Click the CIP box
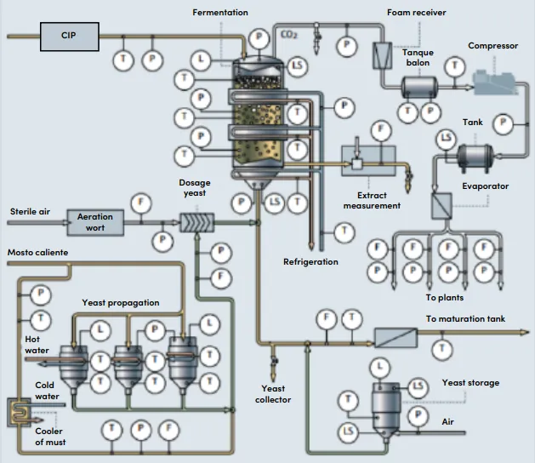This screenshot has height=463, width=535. [70, 37]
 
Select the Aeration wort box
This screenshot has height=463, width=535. [95, 223]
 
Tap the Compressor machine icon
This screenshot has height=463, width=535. [495, 82]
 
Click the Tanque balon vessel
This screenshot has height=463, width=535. [419, 88]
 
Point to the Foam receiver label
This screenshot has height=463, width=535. [416, 13]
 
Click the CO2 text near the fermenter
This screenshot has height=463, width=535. [289, 35]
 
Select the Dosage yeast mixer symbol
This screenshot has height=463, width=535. [196, 223]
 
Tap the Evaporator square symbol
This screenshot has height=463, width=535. [441, 206]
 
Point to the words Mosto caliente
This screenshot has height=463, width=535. [38, 252]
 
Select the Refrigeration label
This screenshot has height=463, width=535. [310, 262]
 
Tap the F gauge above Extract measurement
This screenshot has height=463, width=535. [381, 130]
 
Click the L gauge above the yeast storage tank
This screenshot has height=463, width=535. [379, 368]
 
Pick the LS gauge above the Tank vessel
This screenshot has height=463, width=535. [447, 138]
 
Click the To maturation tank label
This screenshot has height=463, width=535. [465, 319]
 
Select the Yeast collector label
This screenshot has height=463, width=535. [273, 394]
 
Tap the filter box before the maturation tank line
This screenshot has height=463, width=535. [396, 337]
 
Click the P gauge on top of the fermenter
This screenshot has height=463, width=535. [259, 38]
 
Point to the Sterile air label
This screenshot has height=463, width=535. [30, 212]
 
